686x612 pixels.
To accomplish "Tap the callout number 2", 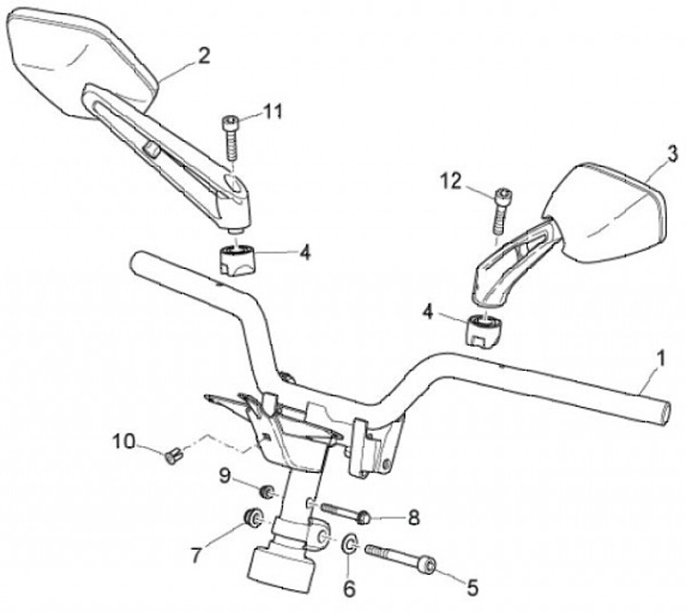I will pos(203,56).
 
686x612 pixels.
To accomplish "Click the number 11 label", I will pos(273,112).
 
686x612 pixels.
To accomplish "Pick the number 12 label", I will pos(451,178).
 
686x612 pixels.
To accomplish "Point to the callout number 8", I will pos(413,519).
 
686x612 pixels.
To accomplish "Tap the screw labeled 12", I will pos(499,209).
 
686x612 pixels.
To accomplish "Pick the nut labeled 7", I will pos(254,520).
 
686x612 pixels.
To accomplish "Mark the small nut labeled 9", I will pos(270,493).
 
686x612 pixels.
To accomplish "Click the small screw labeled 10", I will pos(171,456).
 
